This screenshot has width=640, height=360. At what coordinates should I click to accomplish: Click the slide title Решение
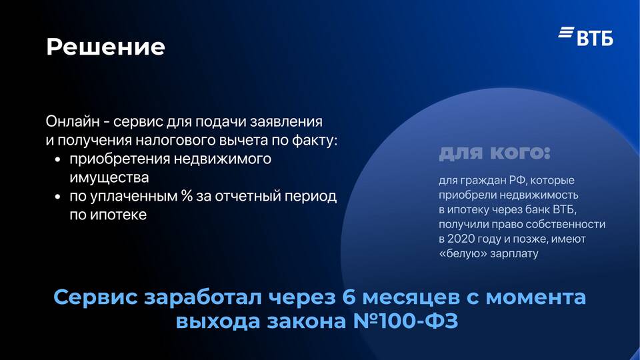[106, 47]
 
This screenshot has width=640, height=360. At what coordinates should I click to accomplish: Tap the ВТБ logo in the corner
[586, 36]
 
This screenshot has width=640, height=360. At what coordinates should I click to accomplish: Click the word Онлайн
[73, 121]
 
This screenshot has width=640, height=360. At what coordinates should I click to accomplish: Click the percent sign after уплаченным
[187, 196]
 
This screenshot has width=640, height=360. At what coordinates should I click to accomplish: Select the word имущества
[109, 177]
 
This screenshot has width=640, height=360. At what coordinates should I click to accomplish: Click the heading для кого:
[495, 153]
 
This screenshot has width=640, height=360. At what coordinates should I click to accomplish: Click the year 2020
[461, 239]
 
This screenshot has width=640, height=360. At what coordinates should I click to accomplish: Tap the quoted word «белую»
[463, 253]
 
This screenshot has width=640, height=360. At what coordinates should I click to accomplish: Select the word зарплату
[514, 254]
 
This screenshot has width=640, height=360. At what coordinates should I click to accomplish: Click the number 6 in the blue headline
[349, 297]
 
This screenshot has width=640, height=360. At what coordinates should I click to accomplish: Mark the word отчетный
[248, 196]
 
